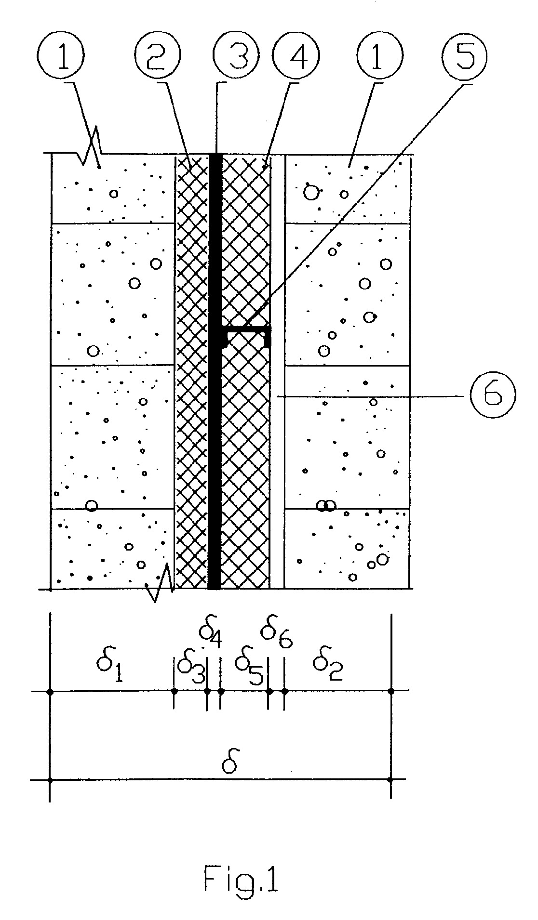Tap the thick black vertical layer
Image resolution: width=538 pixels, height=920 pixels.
(215, 371)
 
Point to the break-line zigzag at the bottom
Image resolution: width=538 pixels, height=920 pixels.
(160, 584)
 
